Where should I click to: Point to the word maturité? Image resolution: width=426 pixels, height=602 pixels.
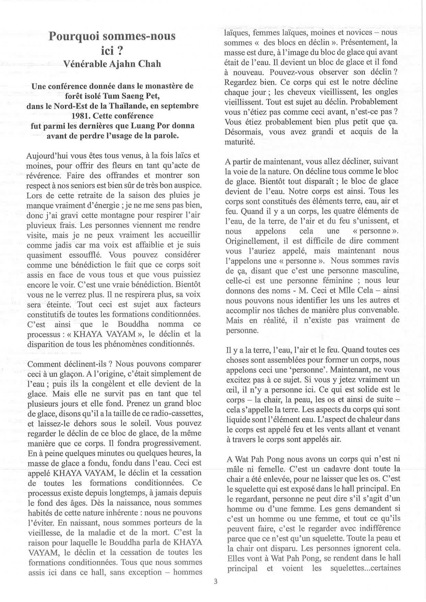240,142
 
